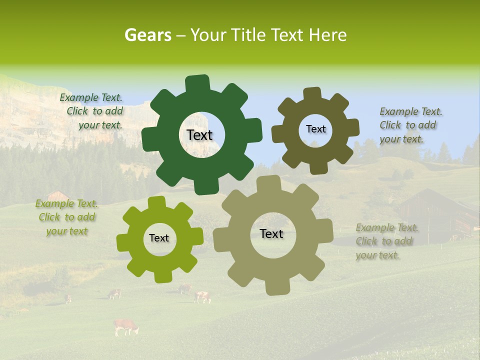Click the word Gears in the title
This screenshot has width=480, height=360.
[x=147, y=35]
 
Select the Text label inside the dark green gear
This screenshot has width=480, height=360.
[x=199, y=135]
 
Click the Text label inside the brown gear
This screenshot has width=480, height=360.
[x=315, y=129]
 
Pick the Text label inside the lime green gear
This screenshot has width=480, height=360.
[x=159, y=238]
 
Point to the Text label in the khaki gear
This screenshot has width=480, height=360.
[x=271, y=234]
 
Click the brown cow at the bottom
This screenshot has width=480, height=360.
[x=125, y=326]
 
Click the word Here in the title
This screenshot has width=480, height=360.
[x=328, y=35]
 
